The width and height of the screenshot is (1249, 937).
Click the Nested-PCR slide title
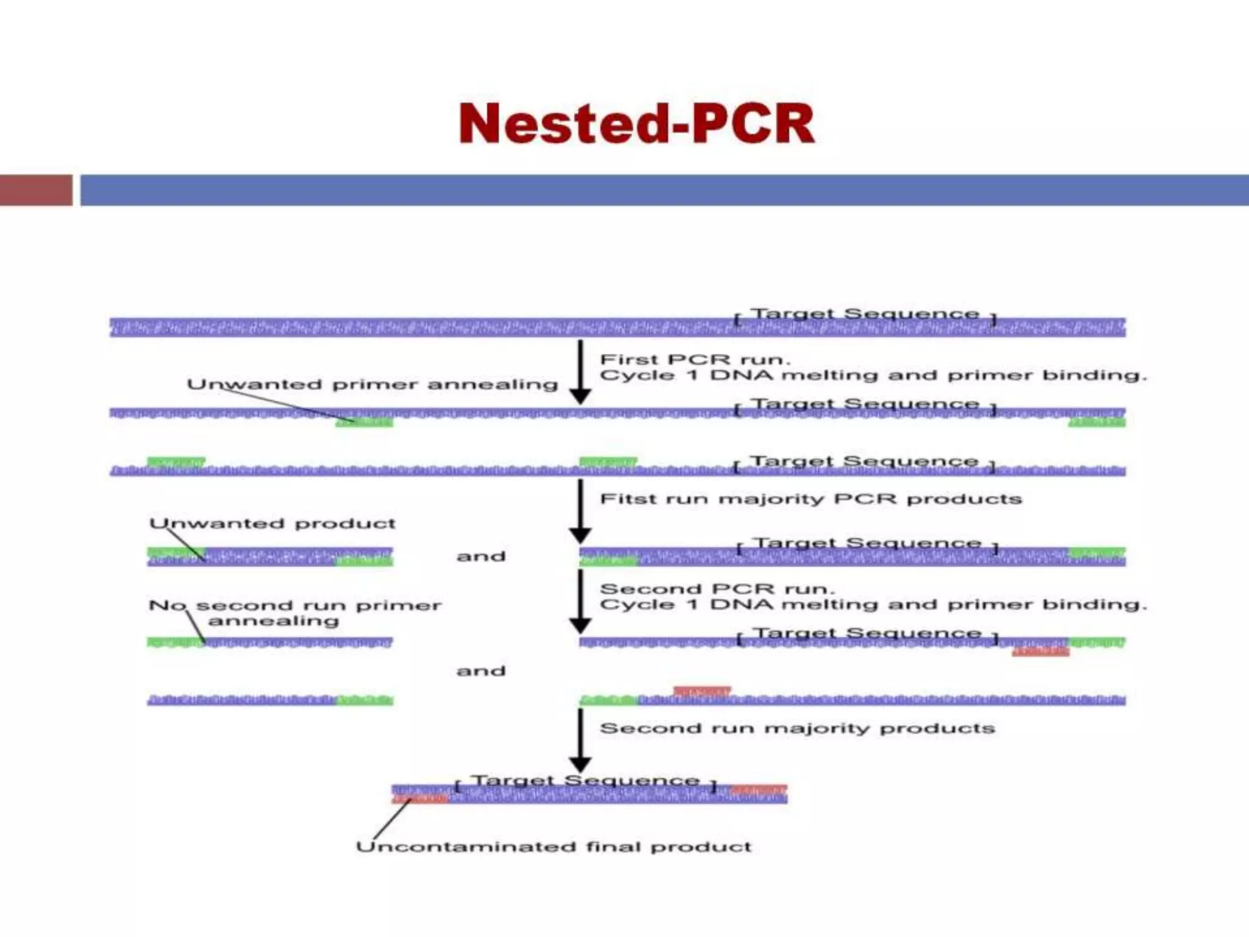(636, 124)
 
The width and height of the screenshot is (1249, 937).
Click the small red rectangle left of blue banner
(35, 190)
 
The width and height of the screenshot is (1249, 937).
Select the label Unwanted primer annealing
(372, 384)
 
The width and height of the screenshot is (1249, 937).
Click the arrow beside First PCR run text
(580, 372)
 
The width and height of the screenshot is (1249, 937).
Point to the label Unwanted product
(273, 523)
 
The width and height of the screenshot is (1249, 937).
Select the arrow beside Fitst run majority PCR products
(580, 511)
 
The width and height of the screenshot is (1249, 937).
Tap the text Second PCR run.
(717, 589)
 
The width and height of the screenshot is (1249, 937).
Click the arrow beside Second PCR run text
(580, 601)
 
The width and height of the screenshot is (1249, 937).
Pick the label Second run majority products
(796, 728)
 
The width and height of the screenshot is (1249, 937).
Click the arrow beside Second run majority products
(580, 741)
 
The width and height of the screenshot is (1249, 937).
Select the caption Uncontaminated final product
(553, 847)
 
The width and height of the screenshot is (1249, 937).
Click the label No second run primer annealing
(295, 612)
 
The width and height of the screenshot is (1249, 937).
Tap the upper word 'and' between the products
(481, 556)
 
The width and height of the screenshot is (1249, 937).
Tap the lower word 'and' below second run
(481, 671)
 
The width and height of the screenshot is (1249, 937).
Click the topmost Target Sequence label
(864, 314)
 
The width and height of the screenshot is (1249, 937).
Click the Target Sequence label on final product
(585, 781)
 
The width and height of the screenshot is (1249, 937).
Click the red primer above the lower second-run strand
(701, 691)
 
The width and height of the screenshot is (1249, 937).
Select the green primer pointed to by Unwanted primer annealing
(364, 422)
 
